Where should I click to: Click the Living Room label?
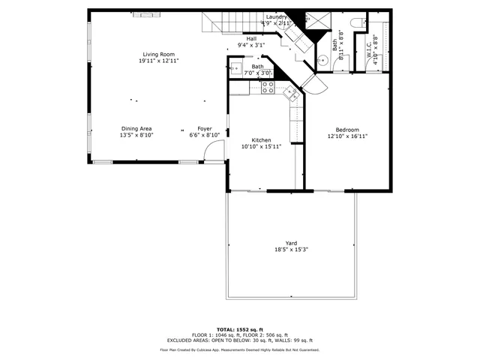157,55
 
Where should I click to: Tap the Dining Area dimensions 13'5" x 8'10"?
136,136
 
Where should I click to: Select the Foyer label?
205,129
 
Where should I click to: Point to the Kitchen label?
261,140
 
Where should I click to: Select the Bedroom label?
346,130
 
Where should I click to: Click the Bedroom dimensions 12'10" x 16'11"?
346,136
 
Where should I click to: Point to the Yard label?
291,243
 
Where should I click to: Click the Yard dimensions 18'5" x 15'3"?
291,250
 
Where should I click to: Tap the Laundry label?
275,16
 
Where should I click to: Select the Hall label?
251,39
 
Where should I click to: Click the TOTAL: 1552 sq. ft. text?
240,329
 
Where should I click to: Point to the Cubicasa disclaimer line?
240,350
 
